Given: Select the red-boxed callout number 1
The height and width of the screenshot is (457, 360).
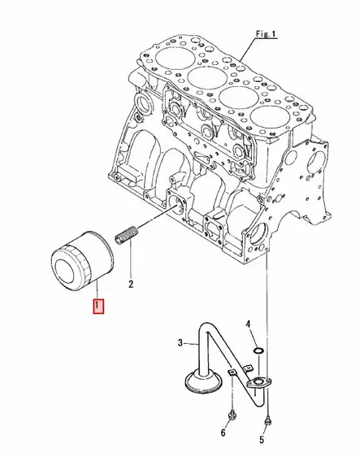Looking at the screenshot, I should (98, 307).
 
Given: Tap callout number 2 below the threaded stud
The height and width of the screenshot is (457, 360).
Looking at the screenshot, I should (130, 285).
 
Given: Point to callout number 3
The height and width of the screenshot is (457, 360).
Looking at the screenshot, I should (181, 344).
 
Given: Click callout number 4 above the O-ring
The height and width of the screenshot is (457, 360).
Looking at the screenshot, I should (250, 326).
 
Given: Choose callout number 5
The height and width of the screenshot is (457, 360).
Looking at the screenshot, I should (262, 440).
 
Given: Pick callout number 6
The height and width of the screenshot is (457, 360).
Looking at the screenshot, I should (223, 433).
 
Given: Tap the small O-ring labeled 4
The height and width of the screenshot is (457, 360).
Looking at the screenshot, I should (257, 350).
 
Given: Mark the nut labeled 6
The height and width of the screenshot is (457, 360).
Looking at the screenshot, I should (232, 411).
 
